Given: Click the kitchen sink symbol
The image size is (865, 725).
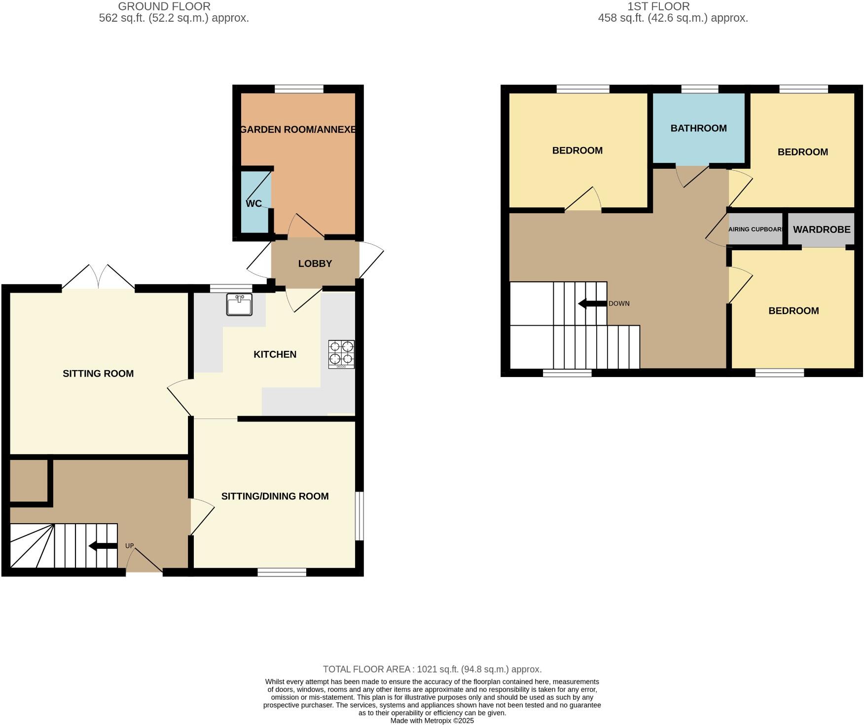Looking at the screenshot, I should [239, 304].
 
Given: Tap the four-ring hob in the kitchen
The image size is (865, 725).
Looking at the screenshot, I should [341, 354].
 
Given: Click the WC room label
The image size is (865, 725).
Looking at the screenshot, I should [253, 203].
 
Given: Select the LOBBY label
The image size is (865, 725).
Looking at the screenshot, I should [315, 264].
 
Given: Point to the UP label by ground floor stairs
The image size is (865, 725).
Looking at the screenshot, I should [129, 546].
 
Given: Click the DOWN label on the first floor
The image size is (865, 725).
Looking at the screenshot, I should [619, 304].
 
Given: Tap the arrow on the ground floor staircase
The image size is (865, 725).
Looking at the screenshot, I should [103, 546].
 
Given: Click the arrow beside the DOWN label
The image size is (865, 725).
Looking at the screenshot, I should [592, 304].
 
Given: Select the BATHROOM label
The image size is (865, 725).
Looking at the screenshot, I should [698, 128].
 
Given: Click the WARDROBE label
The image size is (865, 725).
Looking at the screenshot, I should [822, 229].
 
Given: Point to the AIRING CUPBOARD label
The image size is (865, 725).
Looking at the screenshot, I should [756, 229].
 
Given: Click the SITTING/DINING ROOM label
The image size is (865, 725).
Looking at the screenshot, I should [275, 496].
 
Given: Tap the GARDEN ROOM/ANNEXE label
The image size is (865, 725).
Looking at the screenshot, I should [298, 130].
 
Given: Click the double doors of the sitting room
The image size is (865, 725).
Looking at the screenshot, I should [99, 277].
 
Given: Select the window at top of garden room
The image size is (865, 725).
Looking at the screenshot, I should [299, 89].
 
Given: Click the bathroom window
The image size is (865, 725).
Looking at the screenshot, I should [699, 89].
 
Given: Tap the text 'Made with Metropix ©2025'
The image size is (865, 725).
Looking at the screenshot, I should [432, 721].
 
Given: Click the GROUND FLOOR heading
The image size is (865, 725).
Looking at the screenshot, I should [164, 6].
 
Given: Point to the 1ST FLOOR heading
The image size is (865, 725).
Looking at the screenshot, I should [658, 6].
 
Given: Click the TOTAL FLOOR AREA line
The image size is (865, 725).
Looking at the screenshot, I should [432, 669].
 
